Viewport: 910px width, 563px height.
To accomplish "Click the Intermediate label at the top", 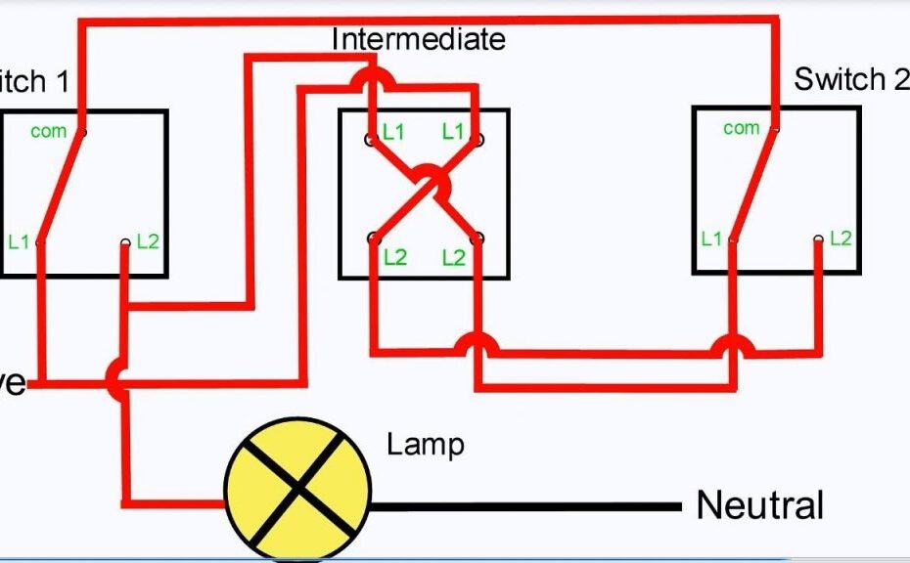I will (x=419, y=39).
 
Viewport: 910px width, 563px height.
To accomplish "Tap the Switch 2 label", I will (x=850, y=79).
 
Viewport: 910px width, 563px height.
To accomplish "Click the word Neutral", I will (x=759, y=505).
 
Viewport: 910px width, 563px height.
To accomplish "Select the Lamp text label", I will (x=426, y=445).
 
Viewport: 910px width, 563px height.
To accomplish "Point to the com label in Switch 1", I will (x=48, y=130).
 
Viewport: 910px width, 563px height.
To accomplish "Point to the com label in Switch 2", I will (x=741, y=127).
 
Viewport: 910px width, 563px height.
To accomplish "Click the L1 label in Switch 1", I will (x=19, y=241).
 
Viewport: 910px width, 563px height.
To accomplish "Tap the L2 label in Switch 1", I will (x=147, y=240).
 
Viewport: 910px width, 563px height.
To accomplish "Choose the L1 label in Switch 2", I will (x=711, y=238).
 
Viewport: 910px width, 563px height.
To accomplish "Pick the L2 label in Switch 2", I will (x=841, y=238).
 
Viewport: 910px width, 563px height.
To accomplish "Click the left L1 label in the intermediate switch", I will (x=393, y=132).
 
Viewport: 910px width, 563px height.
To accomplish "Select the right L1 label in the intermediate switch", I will (x=452, y=131).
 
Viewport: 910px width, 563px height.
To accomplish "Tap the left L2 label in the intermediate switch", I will (x=393, y=258).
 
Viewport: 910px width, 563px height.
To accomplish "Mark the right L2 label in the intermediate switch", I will (x=453, y=258).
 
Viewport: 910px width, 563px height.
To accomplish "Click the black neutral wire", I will (x=528, y=506).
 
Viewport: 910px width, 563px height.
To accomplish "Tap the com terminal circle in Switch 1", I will (x=82, y=132).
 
